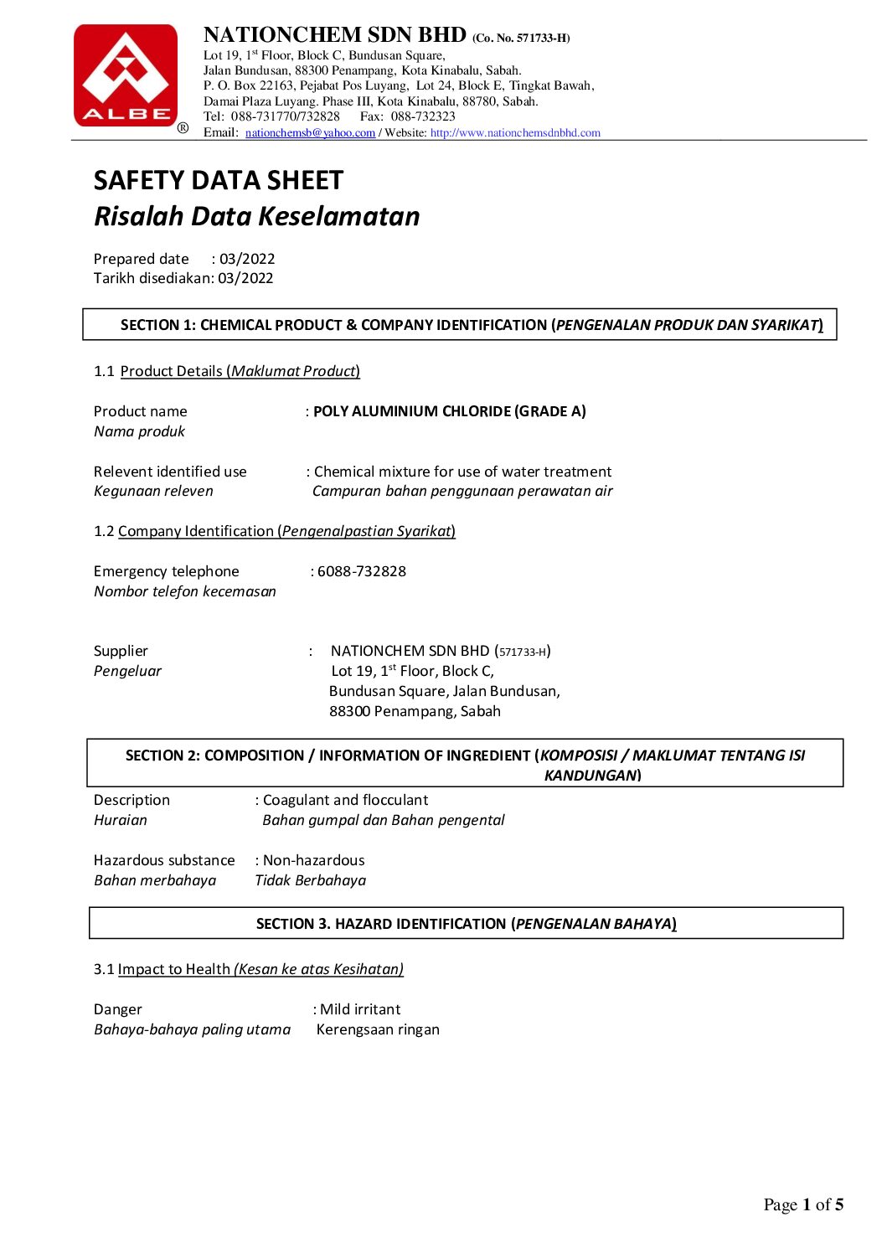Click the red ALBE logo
click(126, 75)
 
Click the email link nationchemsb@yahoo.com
click(310, 132)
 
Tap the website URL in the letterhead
click(515, 132)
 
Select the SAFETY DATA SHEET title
click(219, 181)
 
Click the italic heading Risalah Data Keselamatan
click(256, 216)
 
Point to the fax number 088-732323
click(423, 116)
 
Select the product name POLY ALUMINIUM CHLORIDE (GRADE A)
click(450, 411)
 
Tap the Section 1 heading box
click(460, 325)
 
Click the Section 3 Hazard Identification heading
click(466, 924)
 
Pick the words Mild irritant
click(360, 1009)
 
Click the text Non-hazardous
click(314, 860)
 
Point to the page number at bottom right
click(803, 1204)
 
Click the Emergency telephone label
click(167, 571)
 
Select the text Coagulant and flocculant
click(345, 800)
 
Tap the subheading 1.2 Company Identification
click(275, 531)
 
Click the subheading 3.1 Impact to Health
click(249, 969)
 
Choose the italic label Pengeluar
click(127, 671)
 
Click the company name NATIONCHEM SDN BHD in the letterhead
click(335, 35)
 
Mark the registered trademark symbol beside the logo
click(183, 127)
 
